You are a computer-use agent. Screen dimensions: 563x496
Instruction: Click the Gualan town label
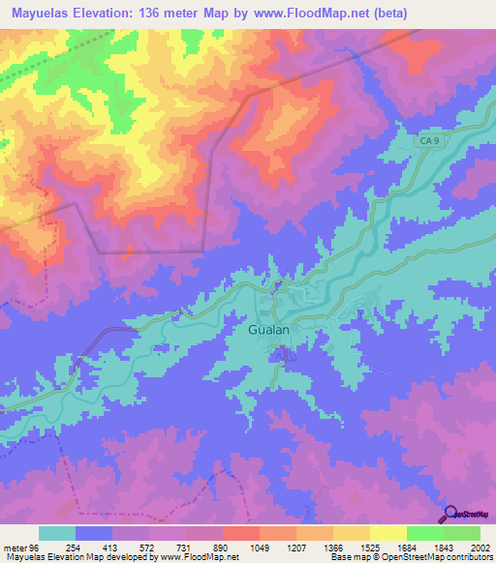[x=263, y=330]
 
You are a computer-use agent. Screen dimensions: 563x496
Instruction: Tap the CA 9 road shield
[x=430, y=141]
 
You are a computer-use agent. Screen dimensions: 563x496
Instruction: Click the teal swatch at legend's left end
[x=57, y=533]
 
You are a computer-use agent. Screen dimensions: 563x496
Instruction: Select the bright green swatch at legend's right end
[x=462, y=533]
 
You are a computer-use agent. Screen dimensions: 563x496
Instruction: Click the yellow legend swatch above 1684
[x=388, y=533]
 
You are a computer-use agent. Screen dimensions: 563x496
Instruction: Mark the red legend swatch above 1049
[x=241, y=533]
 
